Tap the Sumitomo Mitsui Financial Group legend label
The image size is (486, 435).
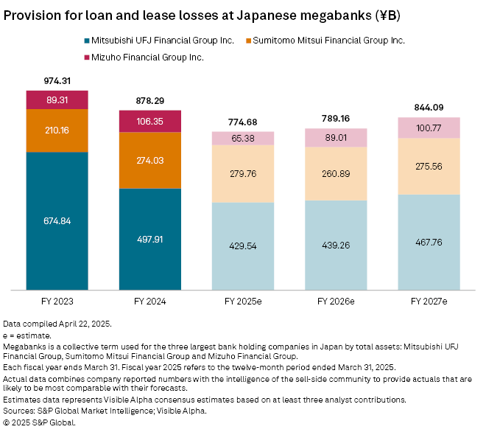point(328,41)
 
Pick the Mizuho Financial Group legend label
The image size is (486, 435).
point(149,57)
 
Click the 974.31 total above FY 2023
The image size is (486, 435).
point(57,81)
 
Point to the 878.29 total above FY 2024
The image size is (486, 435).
point(149,100)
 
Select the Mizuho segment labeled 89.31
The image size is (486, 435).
point(57,100)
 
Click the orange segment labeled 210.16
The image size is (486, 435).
point(57,130)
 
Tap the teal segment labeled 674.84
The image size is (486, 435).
point(57,221)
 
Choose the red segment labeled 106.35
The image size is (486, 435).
point(149,121)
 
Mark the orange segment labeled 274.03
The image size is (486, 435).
point(149,160)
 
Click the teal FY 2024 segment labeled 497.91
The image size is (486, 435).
point(149,240)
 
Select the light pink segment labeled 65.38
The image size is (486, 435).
point(243,138)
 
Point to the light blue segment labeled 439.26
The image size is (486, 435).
point(336,246)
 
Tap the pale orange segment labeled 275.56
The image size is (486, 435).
point(429,167)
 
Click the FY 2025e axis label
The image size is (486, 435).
point(243,302)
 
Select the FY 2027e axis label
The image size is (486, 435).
point(429,302)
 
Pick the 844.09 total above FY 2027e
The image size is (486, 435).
point(429,108)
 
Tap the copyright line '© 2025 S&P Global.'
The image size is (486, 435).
point(40,422)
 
